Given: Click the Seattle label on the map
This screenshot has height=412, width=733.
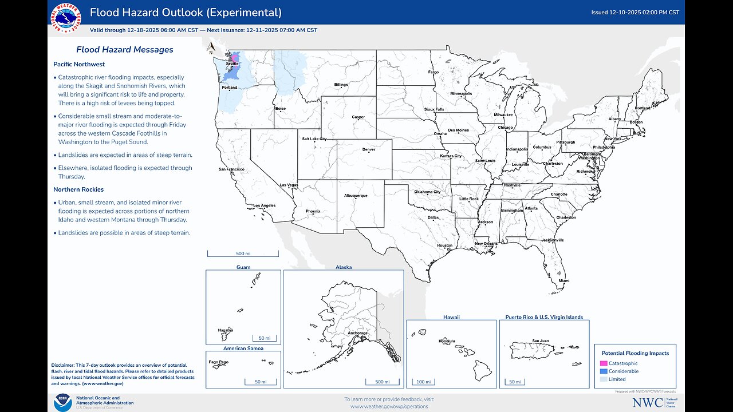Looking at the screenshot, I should click(x=232, y=64).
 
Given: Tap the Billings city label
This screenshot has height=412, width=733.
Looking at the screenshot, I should click(x=341, y=85).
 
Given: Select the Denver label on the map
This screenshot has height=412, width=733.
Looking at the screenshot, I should click(x=369, y=150).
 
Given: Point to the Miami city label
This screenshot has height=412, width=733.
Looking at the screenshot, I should click(x=564, y=281).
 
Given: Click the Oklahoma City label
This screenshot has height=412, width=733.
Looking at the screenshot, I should click(x=427, y=192).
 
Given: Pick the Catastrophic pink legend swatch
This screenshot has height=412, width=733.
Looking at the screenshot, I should click(x=603, y=363).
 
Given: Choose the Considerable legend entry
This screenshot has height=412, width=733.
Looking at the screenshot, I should click(x=623, y=371).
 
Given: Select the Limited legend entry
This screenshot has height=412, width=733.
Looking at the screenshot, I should click(x=617, y=379).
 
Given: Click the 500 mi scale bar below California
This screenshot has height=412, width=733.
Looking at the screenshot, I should click(x=243, y=253).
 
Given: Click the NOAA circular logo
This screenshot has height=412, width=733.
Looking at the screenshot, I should click(x=62, y=402).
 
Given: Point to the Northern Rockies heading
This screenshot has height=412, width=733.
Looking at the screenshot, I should click(x=78, y=189).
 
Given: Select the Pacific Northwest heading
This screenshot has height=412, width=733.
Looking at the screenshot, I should click(x=79, y=64).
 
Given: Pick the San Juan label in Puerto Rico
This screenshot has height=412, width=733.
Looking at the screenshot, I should click(x=540, y=341).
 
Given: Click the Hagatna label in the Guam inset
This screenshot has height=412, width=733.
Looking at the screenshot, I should click(x=225, y=330).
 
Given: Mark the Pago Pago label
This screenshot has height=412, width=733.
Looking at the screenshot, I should click(x=219, y=362).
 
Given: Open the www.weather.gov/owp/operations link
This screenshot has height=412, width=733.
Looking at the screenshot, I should click(x=389, y=406).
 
